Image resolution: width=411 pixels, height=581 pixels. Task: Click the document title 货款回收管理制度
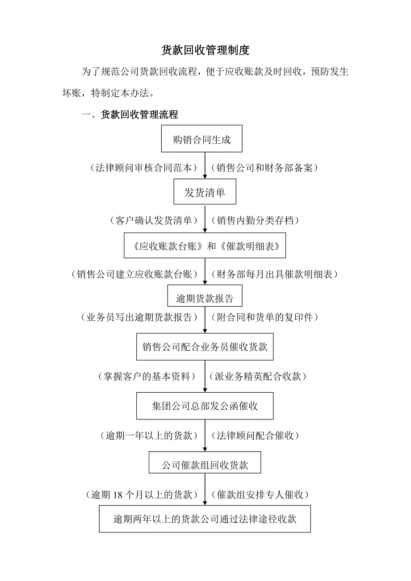[x=205, y=50]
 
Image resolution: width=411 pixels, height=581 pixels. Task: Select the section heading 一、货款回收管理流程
[x=130, y=115]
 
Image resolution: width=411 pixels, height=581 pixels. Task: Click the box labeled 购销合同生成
[x=201, y=140]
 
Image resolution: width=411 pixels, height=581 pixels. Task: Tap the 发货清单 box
[x=205, y=193]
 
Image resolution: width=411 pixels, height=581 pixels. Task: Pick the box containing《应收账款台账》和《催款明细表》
[x=205, y=245]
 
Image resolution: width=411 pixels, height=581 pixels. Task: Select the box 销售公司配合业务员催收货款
[x=205, y=347]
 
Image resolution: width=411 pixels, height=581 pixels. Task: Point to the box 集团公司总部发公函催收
[x=205, y=406]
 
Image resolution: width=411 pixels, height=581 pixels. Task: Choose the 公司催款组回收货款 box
[x=205, y=465]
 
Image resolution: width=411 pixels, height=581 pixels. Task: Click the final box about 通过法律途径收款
[x=205, y=519]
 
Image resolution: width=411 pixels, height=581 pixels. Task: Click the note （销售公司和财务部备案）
[x=267, y=168]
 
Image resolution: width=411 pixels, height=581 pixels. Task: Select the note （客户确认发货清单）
[x=152, y=220]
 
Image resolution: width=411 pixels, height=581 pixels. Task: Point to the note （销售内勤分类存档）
[x=257, y=220]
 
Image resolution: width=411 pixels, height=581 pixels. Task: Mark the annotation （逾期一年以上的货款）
[x=149, y=436]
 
